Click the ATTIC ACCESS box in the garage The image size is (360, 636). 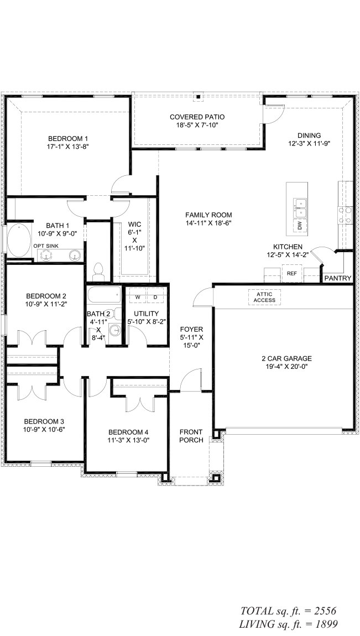coord(264,298)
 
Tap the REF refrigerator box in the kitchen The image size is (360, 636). coord(291,274)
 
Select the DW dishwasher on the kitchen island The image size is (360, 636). coord(299,226)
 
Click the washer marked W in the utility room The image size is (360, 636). coord(138,298)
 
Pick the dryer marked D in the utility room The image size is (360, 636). coord(155,298)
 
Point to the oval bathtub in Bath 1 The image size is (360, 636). coord(19,240)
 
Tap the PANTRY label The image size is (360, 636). coord(337,278)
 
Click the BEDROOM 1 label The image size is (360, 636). coord(68,138)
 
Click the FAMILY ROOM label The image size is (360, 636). coord(208,215)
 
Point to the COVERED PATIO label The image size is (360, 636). coord(197,117)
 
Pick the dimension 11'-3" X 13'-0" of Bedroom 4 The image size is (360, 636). coord(128,441)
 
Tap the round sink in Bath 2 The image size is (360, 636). coord(115,331)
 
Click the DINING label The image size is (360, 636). coord(309,135)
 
